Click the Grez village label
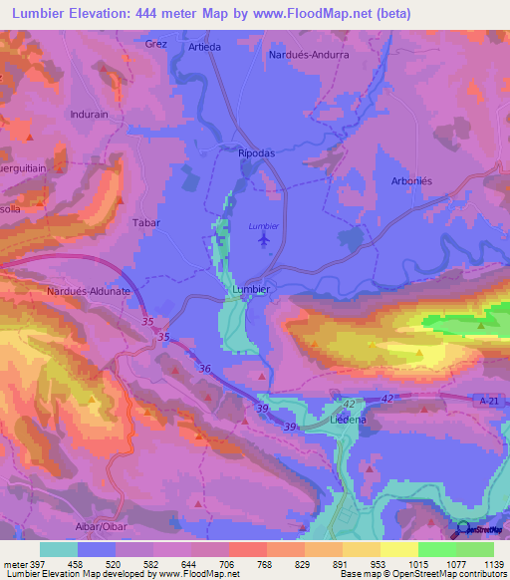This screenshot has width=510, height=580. pyautogui.click(x=156, y=44)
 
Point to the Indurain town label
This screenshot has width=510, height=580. pyautogui.click(x=89, y=115)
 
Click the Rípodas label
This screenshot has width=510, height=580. pyautogui.click(x=256, y=155)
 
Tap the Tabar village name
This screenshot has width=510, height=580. pyautogui.click(x=146, y=223)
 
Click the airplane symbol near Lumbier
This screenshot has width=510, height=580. pyautogui.click(x=264, y=239)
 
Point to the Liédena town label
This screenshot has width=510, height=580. pyautogui.click(x=349, y=422)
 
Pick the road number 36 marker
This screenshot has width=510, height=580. pyautogui.click(x=205, y=369)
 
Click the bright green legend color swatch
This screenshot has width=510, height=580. pyautogui.click(x=436, y=549)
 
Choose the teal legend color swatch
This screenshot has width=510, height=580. pyautogui.click(x=59, y=549)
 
